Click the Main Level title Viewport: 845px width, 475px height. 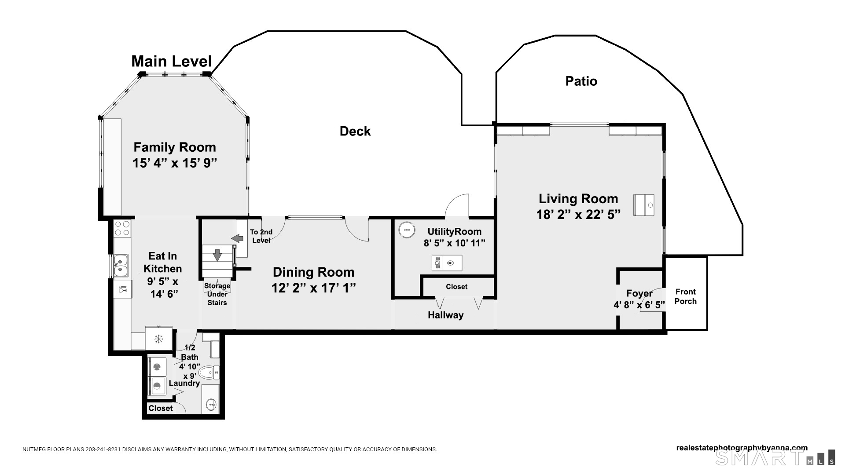click(x=172, y=61)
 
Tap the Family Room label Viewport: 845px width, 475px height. click(x=175, y=147)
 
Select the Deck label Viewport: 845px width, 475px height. click(x=355, y=131)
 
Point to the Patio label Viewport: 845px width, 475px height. click(x=581, y=81)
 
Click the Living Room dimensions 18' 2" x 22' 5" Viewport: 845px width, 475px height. click(x=578, y=215)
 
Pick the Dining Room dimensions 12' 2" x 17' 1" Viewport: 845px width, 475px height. click(x=314, y=288)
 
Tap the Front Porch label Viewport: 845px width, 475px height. click(x=686, y=296)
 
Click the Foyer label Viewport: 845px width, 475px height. click(x=639, y=293)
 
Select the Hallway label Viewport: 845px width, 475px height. click(x=446, y=315)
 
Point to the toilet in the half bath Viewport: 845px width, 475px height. click(x=209, y=373)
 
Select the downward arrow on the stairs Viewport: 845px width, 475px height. click(x=217, y=255)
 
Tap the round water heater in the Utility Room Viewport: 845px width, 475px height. click(x=406, y=230)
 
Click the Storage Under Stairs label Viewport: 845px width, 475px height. click(x=217, y=294)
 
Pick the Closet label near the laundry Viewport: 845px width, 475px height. click(x=161, y=408)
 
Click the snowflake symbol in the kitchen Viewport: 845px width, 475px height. click(x=158, y=339)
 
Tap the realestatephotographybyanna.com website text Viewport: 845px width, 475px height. click(x=742, y=448)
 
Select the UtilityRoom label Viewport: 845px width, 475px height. click(x=455, y=231)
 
